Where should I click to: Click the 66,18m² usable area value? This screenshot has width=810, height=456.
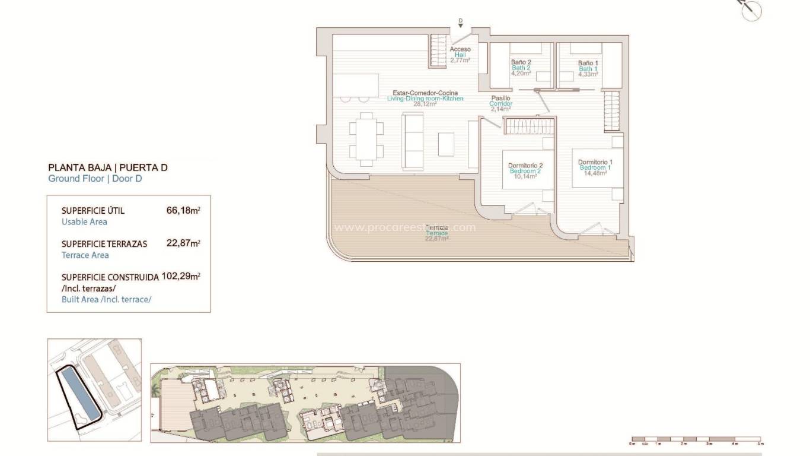(183, 210)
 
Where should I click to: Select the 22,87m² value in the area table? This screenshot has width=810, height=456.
(183, 243)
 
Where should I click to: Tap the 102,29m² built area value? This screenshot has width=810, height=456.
(181, 277)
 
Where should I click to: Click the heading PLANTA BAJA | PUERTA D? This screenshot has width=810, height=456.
(107, 167)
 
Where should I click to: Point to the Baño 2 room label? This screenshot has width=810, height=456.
(521, 62)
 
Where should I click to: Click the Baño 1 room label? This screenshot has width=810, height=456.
(588, 62)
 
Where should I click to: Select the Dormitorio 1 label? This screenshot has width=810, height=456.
(595, 162)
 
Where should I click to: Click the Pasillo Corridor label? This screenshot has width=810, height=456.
(500, 99)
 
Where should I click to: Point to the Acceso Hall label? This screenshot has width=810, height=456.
(460, 49)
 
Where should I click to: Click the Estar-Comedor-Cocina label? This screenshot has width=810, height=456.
(425, 93)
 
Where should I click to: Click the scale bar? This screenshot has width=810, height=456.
(697, 440)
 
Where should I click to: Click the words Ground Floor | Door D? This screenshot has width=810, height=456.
(95, 178)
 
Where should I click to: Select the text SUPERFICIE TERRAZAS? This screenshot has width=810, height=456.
(104, 243)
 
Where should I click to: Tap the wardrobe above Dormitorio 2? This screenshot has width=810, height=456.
(529, 126)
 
